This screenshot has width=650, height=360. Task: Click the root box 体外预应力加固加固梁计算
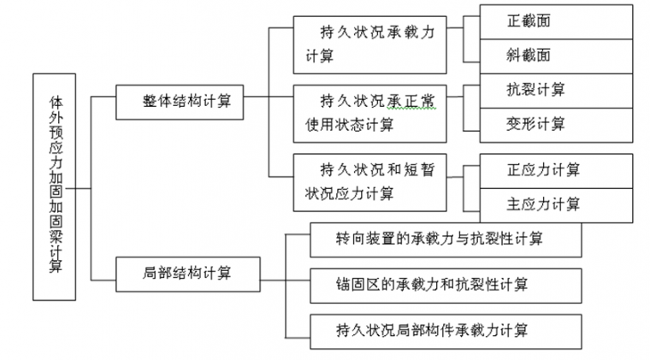pos(54,186)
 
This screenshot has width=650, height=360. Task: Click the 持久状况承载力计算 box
pos(369,44)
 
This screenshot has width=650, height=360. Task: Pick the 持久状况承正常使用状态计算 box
pos(369,112)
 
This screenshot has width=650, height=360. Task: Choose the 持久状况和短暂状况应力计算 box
pos(369,181)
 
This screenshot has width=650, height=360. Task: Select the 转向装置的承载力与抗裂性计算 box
pos(445,239)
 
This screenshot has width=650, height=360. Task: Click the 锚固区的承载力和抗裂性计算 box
pos(445,283)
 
